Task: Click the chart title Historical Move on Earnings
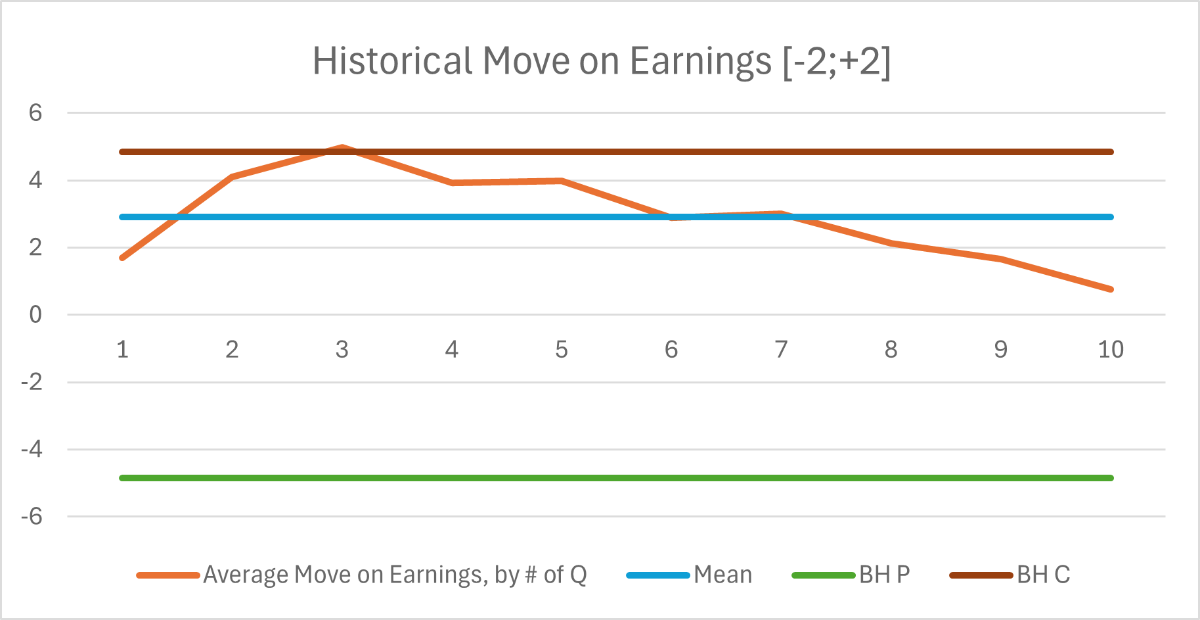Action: click(600, 61)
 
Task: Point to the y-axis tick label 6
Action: click(35, 113)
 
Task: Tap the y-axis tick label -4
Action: click(32, 450)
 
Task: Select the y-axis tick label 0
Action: click(35, 315)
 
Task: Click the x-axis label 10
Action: click(1111, 350)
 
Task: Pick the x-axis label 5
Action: click(562, 350)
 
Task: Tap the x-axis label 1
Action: click(123, 350)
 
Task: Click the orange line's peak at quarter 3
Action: click(342, 147)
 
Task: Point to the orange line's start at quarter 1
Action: click(123, 258)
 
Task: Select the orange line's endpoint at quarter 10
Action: click(1111, 289)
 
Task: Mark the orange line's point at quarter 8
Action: click(891, 243)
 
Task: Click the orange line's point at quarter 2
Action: click(233, 176)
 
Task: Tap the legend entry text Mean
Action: click(722, 575)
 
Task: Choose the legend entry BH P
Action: click(884, 575)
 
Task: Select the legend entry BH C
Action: click(1043, 575)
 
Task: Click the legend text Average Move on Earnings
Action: click(395, 575)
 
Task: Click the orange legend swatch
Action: click(168, 575)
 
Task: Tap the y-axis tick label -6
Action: click(32, 517)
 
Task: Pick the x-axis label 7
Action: click(781, 350)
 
